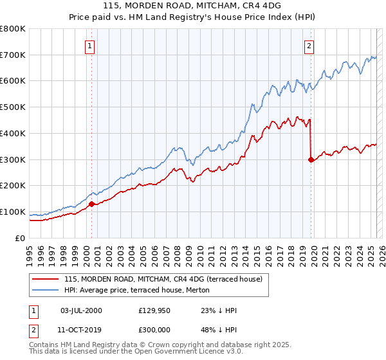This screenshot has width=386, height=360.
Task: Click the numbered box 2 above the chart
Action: (x=309, y=46)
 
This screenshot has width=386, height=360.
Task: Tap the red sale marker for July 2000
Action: (x=91, y=204)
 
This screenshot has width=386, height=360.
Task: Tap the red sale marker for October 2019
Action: (x=311, y=159)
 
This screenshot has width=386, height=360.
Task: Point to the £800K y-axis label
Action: (x=13, y=29)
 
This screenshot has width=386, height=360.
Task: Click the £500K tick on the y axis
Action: (x=13, y=107)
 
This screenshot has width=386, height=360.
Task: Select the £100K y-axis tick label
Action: (x=13, y=212)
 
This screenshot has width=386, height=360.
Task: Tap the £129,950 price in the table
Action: (x=152, y=310)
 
